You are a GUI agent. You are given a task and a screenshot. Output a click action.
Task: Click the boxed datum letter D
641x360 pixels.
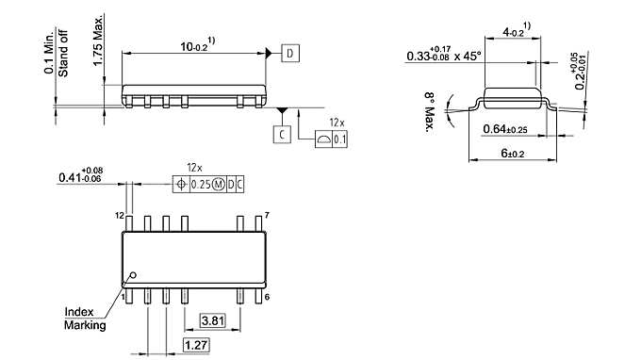[x=289, y=54]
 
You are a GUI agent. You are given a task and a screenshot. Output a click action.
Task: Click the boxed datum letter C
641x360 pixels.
[x=283, y=135]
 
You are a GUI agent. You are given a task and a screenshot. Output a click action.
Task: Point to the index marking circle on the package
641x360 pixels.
[x=134, y=275]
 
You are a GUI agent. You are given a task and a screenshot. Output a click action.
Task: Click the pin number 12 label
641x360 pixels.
[x=120, y=216]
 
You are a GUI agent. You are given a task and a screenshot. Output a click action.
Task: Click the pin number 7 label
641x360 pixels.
[x=268, y=216]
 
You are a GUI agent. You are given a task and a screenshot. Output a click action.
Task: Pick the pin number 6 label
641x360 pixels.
[x=269, y=297]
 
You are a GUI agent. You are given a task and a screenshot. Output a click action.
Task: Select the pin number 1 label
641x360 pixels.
[x=123, y=297]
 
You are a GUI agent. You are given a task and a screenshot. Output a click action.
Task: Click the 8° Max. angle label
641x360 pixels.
[x=427, y=111]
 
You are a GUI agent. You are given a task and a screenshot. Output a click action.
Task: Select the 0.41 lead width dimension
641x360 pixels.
[x=79, y=176]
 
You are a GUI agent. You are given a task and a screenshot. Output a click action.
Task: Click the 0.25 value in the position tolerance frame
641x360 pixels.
[x=201, y=185]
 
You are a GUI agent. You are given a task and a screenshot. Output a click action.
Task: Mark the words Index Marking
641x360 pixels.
[x=84, y=319]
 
